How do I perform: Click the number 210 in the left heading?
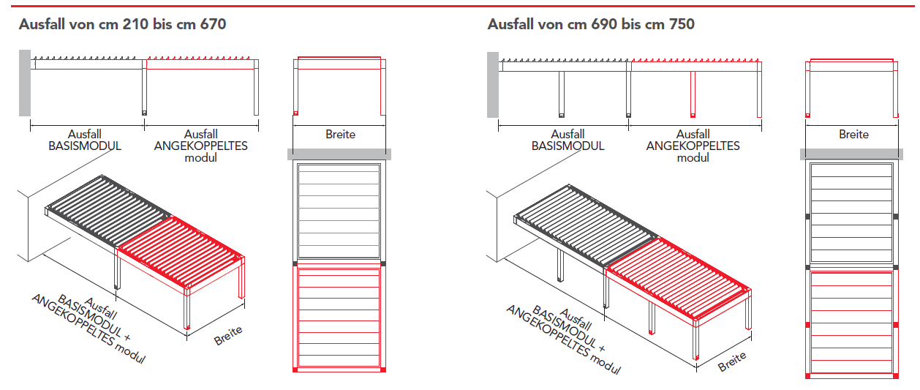point(135,24)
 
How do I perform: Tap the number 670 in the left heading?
point(213,24)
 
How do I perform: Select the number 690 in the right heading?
point(604,24)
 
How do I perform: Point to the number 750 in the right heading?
point(682,24)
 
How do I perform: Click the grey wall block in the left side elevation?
point(25,83)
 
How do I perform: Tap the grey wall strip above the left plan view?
point(339,154)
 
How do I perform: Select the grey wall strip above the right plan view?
point(851,154)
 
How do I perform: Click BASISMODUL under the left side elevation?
point(85,146)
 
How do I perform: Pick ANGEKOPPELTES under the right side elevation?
point(693,146)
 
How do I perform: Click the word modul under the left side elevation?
point(200,158)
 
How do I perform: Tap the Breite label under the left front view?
point(340,135)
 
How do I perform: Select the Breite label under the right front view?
point(853,135)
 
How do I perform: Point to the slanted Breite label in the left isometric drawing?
point(228,335)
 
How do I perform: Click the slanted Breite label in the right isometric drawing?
point(732,362)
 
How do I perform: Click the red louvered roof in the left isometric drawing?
point(181,251)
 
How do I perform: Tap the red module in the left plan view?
point(339,318)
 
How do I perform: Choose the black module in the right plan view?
point(852,213)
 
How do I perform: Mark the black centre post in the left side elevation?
point(144,88)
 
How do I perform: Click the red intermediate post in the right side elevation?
point(693,94)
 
